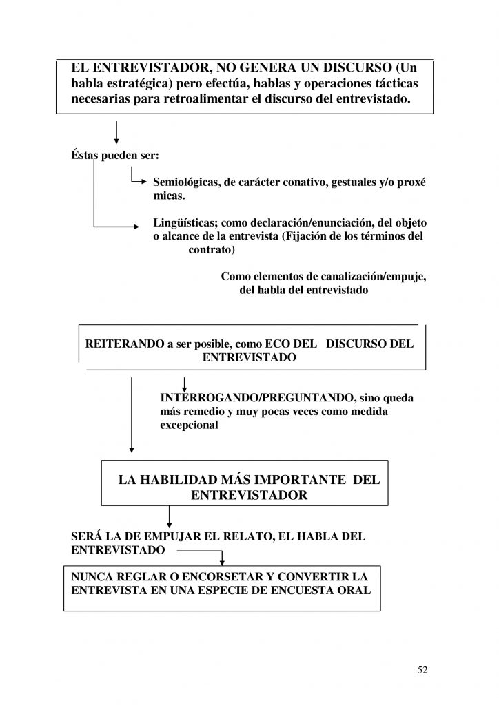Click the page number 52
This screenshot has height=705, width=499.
tap(422, 671)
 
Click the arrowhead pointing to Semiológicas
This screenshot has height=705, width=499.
tap(143, 183)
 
